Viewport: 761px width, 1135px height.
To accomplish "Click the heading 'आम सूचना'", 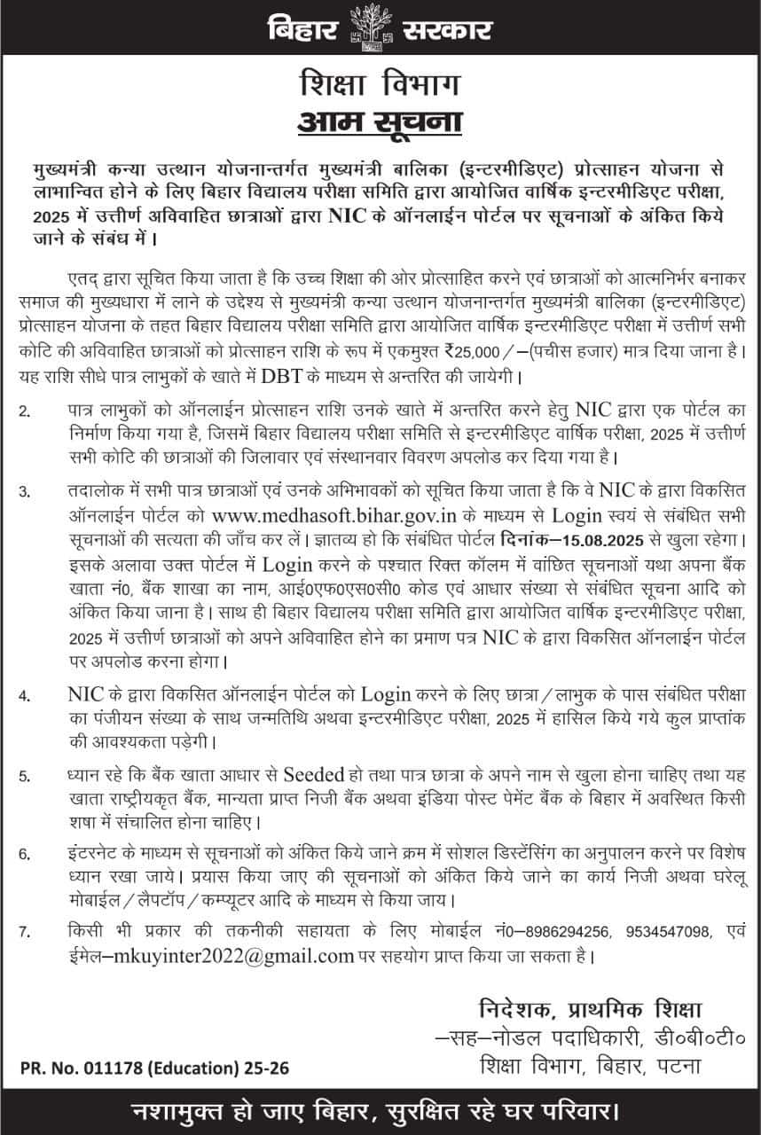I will [381, 120].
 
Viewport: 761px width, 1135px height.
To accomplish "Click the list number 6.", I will [24, 855].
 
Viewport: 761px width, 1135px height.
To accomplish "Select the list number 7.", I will [24, 933].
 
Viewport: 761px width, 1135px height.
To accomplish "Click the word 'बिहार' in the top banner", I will [304, 30].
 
